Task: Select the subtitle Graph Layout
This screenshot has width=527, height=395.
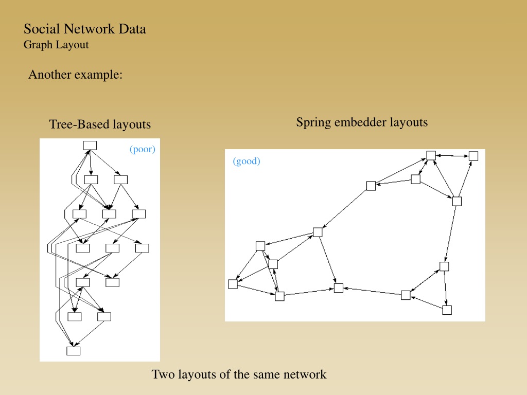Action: [56, 45]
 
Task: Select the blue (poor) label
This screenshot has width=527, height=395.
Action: [143, 149]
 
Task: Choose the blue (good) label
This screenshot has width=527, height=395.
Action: [247, 161]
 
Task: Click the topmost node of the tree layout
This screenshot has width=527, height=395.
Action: [90, 146]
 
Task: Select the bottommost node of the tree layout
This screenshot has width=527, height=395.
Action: [73, 351]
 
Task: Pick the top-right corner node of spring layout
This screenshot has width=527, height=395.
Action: [473, 156]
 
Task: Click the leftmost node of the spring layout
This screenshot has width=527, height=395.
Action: [233, 284]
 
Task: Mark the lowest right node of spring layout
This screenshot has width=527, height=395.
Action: [447, 310]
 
